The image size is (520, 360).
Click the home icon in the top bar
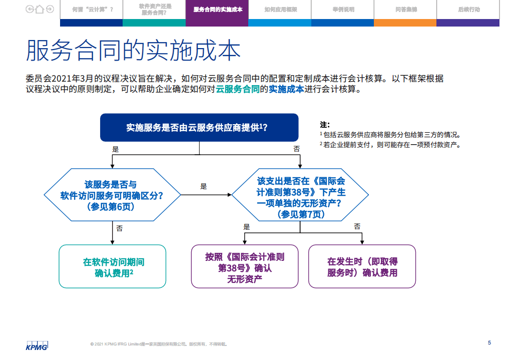[40, 9]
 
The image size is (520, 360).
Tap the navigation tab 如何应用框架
[280, 10]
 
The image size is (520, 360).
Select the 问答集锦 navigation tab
[405, 10]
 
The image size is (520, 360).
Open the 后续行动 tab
[468, 10]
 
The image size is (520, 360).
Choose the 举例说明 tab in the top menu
[342, 10]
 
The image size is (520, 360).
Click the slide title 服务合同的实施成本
[133, 51]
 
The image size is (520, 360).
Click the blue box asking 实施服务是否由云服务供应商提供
[199, 127]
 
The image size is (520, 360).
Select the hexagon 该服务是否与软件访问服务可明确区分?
[112, 195]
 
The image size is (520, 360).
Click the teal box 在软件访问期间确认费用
[113, 267]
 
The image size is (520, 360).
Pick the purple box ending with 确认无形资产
[244, 267]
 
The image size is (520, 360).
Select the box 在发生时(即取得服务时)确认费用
[362, 267]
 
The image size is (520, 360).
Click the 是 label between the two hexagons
[203, 186]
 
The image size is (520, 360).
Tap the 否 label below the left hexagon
[119, 228]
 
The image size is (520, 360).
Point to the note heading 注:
[324, 124]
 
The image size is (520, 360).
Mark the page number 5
[489, 342]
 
